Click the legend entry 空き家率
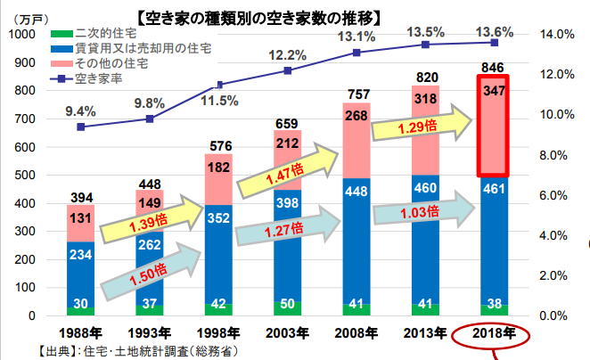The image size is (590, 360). pos(98,79)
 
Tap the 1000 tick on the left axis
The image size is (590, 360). pos(20,34)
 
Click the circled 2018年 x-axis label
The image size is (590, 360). pos(494,336)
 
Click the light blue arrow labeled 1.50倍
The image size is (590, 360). pos(148,268)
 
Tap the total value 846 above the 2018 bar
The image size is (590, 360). pos(493,68)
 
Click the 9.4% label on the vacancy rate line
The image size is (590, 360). pos(81,111)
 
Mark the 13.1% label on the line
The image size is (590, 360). pos(355,37)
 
